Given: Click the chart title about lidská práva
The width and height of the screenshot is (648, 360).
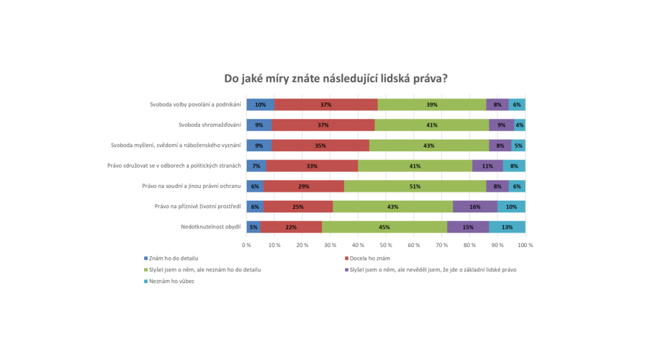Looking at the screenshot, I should [336, 78].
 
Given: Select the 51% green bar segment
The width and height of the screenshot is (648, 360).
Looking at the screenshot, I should [415, 186].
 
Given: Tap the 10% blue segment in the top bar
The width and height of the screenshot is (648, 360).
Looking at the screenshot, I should [260, 104].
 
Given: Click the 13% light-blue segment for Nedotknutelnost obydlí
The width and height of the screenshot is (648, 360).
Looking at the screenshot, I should [508, 228].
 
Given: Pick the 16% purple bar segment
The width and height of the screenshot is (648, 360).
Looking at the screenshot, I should [475, 207].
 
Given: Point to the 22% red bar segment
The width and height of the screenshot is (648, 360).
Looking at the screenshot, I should [291, 228].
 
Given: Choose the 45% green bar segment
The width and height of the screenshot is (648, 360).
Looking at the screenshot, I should [384, 228].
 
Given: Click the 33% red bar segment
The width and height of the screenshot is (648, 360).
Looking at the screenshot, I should [312, 166].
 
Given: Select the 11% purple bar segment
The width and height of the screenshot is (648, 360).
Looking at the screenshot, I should [487, 166].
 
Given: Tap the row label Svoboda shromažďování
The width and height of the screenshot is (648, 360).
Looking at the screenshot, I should [199, 125].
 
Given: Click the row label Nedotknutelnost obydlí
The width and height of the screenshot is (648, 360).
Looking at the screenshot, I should [211, 228].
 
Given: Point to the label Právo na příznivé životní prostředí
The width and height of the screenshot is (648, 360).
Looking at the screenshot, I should [197, 207].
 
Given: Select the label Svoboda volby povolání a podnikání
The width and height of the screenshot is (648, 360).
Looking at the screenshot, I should [195, 104].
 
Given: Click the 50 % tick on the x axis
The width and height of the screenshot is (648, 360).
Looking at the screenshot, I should [386, 246].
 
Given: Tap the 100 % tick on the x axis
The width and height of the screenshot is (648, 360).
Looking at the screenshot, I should [525, 246].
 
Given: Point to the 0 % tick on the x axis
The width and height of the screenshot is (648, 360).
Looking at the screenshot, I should [246, 246].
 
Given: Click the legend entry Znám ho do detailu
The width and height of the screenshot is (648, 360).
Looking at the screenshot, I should [172, 258].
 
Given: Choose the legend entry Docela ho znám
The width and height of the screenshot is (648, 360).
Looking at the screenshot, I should [369, 258].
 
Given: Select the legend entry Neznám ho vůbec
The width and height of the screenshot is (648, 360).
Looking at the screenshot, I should [171, 282].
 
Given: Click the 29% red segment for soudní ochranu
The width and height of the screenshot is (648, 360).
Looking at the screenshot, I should [303, 186].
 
